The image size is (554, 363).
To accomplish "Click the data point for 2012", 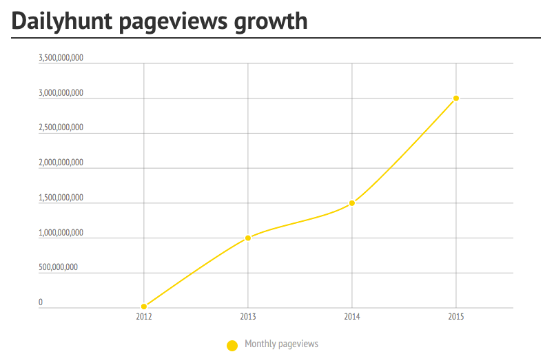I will point(144,307).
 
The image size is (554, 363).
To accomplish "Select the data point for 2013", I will point(248,238).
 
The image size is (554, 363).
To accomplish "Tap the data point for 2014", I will point(352,203).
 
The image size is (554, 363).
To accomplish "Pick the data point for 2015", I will point(456,98).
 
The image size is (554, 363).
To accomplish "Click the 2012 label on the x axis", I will point(144,317).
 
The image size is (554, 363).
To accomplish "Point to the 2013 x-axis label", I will point(248,317).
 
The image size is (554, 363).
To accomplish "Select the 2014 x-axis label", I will point(352,317).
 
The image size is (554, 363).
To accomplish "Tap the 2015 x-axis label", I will point(456,317).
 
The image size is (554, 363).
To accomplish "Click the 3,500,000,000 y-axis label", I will point(61,58).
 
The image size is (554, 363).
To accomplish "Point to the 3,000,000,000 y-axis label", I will point(61,92).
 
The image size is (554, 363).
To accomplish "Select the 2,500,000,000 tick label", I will point(61,127).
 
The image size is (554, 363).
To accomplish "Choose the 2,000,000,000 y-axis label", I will point(61,163).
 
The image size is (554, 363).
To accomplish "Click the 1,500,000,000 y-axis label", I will point(61,198).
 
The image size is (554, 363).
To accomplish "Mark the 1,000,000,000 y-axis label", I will point(61,233).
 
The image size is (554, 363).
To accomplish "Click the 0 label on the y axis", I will point(41,302).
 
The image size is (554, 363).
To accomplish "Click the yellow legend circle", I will point(233,345).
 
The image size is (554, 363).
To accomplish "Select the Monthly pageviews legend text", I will point(281,344).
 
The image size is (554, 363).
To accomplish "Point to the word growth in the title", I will point(271,22).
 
